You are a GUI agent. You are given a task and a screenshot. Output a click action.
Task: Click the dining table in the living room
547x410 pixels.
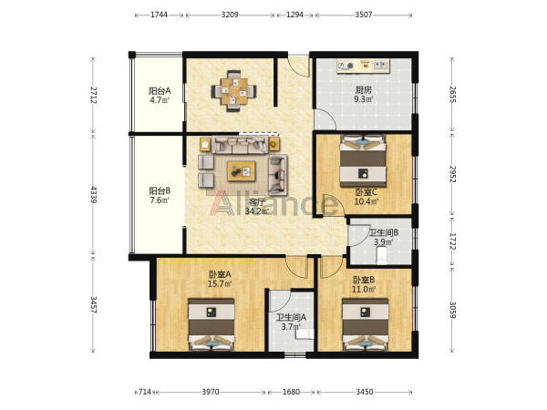pyautogui.click(x=233, y=91)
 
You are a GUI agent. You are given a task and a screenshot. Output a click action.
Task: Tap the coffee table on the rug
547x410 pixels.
pyautogui.click(x=241, y=171)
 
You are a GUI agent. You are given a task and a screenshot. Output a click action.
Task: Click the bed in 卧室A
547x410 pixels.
pyautogui.click(x=212, y=324)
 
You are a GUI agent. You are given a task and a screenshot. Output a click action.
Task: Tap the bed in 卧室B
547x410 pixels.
pyautogui.click(x=366, y=324)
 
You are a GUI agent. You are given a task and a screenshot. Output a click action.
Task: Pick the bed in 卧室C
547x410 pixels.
pyautogui.click(x=363, y=161)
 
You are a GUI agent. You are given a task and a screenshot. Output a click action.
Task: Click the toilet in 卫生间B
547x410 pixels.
pyautogui.click(x=382, y=255)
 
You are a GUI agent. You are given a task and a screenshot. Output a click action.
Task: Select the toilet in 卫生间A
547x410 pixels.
pyautogui.click(x=304, y=333)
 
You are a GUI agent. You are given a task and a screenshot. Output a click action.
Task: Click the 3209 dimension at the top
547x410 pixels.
pyautogui.click(x=230, y=15)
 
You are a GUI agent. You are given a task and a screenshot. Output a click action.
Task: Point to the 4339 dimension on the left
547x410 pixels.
pyautogui.click(x=94, y=195)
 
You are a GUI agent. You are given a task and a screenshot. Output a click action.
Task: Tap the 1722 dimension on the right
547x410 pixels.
pyautogui.click(x=452, y=241)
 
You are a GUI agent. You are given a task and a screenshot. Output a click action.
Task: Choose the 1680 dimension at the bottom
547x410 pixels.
pyautogui.click(x=292, y=392)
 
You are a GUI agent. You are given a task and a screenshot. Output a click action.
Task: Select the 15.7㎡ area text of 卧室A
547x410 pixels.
pyautogui.click(x=220, y=283)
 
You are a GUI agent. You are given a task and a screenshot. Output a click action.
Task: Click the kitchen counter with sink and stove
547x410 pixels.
pyautogui.click(x=363, y=66)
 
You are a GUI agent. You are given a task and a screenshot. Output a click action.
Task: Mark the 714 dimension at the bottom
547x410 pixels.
pyautogui.click(x=145, y=392)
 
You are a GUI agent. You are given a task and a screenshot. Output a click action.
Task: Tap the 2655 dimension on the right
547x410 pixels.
pyautogui.click(x=452, y=95)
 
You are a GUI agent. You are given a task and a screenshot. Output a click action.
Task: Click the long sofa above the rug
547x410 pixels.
pyautogui.click(x=240, y=145)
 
